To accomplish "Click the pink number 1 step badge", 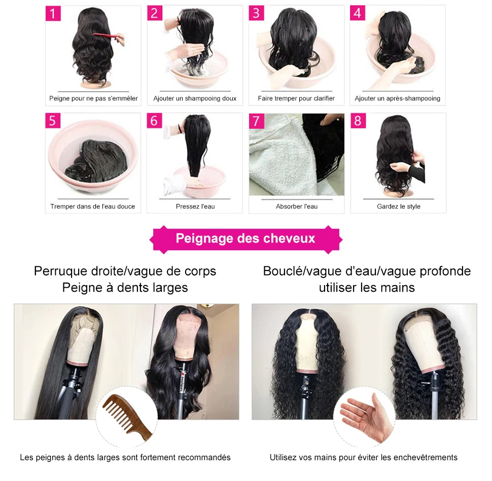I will pos(53,14).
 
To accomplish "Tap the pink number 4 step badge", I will pos(358,13).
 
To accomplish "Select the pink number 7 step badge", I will pos(257,121).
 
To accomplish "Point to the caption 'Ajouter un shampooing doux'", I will pos(195,98).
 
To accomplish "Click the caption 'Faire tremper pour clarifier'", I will pos(296,98).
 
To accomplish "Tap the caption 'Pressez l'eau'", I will pos(195,207).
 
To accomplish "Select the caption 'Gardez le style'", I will pos(398,207).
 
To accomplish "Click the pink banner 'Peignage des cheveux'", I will pos(245,238).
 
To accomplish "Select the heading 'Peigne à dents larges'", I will pos(125,288).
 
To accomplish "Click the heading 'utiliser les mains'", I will pos(366,288).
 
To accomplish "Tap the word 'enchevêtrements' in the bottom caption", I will pos(425,458).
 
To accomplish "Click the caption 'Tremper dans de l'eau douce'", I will pos(93,207).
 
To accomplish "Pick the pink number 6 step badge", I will pos(155,121).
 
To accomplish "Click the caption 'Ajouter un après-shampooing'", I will pos(398,98).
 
